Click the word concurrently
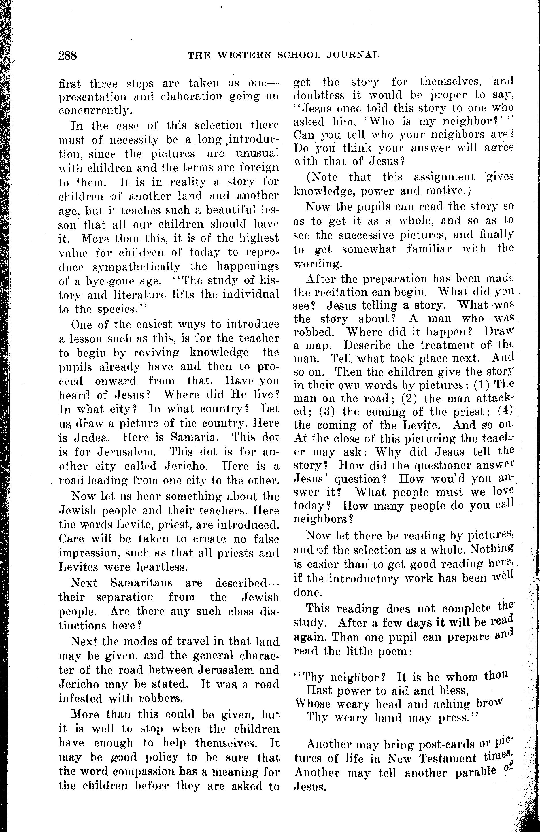[x=95, y=110]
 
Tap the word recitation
[x=351, y=292]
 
